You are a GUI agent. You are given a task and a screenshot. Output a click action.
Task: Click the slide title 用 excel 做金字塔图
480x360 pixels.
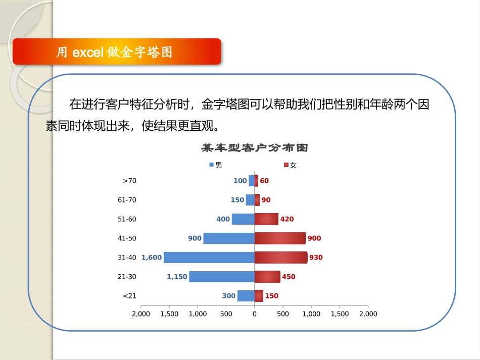[115, 52]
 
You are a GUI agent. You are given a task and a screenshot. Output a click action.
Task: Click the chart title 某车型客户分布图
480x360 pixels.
[255, 148]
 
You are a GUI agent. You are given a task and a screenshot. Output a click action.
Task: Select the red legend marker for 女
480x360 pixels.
[286, 165]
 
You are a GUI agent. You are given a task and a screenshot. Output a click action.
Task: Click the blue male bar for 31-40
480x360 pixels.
[209, 258]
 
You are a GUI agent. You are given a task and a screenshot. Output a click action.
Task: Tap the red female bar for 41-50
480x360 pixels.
[280, 238]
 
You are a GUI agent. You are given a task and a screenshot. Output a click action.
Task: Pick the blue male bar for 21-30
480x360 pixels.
[222, 277]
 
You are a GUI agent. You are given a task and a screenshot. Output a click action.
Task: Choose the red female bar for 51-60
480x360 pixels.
[266, 219]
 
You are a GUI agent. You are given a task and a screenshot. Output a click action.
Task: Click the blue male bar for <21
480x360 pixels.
[246, 296]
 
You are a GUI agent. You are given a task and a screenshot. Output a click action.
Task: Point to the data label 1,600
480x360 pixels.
[152, 258]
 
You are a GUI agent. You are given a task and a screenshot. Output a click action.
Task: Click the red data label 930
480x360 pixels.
[316, 258]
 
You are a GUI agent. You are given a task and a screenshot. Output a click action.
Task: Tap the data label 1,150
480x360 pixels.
[177, 277]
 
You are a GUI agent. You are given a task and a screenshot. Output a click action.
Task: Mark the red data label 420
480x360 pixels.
[287, 219]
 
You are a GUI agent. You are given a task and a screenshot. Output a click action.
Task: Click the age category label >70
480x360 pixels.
[129, 181]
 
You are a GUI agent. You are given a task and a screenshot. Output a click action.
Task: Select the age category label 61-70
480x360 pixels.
[127, 200]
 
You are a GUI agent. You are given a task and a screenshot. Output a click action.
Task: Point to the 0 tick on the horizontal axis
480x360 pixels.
[254, 314]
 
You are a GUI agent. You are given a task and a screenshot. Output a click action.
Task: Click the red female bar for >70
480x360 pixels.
[256, 181]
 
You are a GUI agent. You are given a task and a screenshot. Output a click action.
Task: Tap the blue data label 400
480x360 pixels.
[223, 219]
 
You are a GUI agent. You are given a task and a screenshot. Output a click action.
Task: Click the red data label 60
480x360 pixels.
[264, 181]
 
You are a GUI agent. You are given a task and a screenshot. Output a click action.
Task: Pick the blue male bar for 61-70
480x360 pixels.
[250, 200]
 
